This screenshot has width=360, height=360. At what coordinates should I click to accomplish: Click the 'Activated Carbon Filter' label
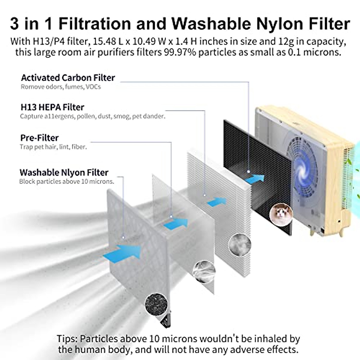pos(68,78)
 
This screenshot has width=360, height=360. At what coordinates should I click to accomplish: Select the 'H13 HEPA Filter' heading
pos(52,107)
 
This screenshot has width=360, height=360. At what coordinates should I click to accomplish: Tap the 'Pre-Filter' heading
pos(39,138)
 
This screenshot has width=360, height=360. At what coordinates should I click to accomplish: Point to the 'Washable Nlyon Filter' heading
pos(64,172)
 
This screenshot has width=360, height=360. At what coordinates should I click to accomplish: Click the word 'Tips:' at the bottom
pos(68,339)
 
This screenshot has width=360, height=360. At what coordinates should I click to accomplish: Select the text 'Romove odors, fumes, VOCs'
pos(61,87)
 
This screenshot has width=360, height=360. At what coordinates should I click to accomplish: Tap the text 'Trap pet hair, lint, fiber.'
pos(53,147)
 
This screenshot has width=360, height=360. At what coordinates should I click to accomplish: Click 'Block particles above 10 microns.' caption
pos(67,181)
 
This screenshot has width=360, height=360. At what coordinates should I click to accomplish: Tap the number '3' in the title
pos(14,23)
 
